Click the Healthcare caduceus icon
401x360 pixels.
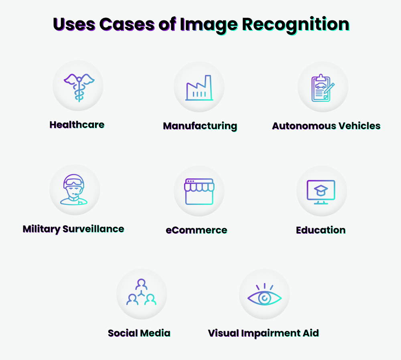(x=78, y=86)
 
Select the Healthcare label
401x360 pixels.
(x=77, y=125)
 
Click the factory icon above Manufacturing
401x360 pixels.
(x=199, y=88)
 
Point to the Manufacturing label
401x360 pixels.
(x=200, y=126)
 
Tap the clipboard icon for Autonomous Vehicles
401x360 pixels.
(x=323, y=88)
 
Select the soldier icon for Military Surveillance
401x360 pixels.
(x=75, y=190)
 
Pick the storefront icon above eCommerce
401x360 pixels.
(x=199, y=192)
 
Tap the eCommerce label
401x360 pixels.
(x=196, y=231)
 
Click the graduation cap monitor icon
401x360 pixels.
(x=321, y=192)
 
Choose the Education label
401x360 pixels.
(x=321, y=230)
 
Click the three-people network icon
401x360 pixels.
(x=141, y=293)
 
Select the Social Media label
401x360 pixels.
(x=139, y=333)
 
